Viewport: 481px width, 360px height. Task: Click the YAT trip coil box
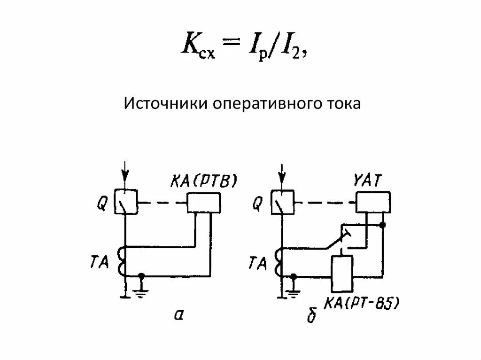372,202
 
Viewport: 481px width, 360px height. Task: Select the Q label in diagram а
103,203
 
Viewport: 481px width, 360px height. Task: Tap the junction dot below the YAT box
383,225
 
